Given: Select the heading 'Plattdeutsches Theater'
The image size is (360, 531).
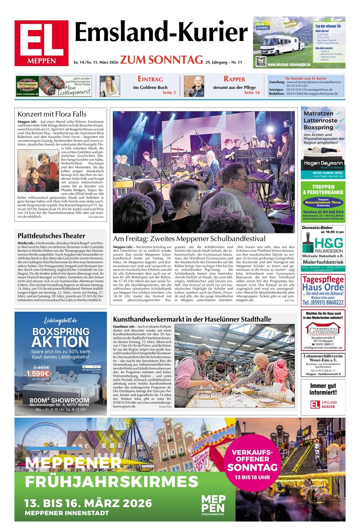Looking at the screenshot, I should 51,236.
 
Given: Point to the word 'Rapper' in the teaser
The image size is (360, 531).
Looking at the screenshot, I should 234,79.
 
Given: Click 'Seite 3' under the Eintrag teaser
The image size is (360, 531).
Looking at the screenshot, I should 169,93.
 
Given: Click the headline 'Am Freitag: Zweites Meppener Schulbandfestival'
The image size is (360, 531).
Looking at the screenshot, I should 189,239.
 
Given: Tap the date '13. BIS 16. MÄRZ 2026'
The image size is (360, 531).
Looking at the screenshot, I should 88,503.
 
